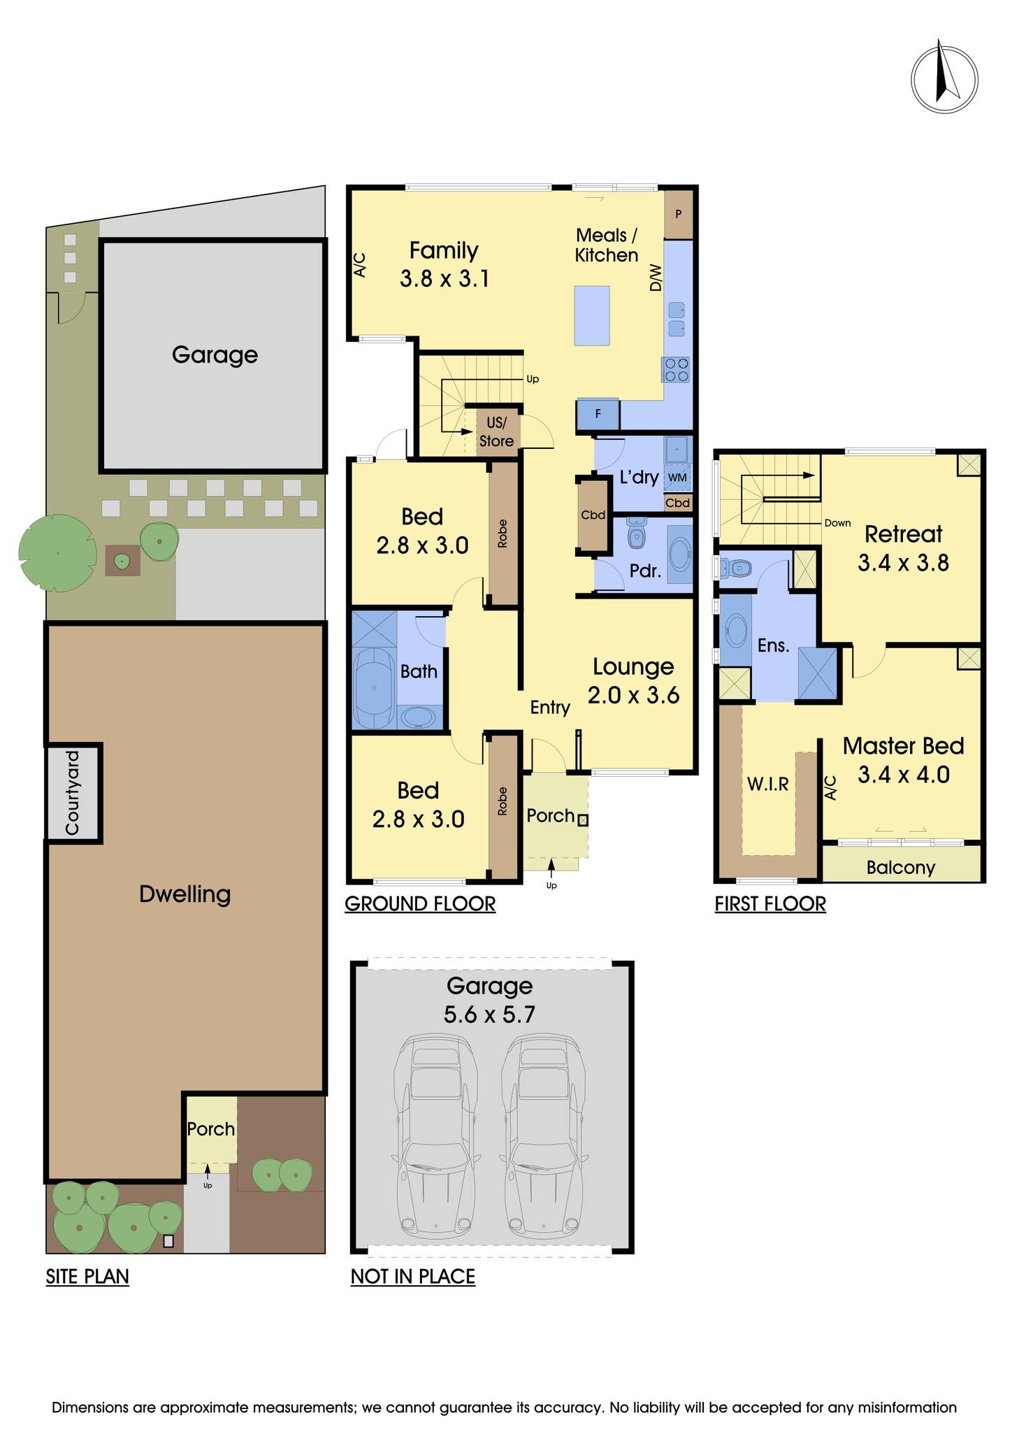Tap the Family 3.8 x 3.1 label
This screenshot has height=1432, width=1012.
pyautogui.click(x=444, y=264)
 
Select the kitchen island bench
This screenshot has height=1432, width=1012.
pyautogui.click(x=591, y=315)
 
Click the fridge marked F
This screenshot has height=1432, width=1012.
pyautogui.click(x=598, y=414)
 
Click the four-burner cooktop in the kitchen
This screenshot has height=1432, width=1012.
pyautogui.click(x=676, y=369)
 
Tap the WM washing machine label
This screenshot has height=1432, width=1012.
pyautogui.click(x=677, y=478)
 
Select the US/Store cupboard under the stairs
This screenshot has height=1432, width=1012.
pyautogui.click(x=496, y=432)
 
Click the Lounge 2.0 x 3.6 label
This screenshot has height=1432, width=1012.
pyautogui.click(x=633, y=680)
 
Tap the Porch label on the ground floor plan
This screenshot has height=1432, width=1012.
pyautogui.click(x=550, y=815)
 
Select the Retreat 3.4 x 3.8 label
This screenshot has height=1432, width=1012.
pyautogui.click(x=903, y=548)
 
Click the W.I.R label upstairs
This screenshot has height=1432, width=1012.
pyautogui.click(x=767, y=785)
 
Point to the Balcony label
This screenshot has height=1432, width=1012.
pyautogui.click(x=900, y=868)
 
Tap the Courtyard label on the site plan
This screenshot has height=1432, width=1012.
pyautogui.click(x=72, y=792)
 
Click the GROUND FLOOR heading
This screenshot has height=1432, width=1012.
pyautogui.click(x=420, y=904)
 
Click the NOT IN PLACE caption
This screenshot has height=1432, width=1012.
pyautogui.click(x=412, y=1277)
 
